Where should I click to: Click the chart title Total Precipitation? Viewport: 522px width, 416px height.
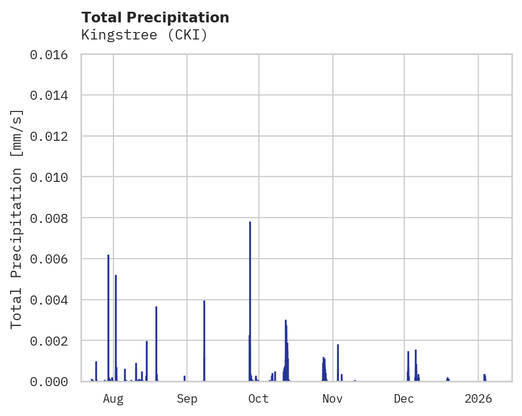click(x=155, y=18)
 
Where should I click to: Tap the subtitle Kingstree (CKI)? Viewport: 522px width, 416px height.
click(x=144, y=35)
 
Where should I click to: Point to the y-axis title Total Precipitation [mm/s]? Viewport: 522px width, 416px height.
click(x=17, y=219)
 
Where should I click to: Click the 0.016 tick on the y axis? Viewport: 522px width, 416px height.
click(x=52, y=54)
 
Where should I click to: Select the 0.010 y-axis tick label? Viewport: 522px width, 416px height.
click(x=52, y=177)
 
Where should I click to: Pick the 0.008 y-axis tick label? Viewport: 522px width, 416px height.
click(x=52, y=218)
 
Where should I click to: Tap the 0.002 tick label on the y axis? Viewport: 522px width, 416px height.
click(x=52, y=341)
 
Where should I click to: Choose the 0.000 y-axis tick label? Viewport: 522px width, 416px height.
click(x=52, y=381)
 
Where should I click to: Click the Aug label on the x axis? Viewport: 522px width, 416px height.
click(x=113, y=398)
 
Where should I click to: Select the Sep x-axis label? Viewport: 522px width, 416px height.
click(x=187, y=398)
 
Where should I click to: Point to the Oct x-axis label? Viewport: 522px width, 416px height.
click(x=258, y=398)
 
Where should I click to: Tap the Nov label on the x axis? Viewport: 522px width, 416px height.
click(x=332, y=398)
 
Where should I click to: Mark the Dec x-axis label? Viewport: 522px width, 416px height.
click(x=404, y=398)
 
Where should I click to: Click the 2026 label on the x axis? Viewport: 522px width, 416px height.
click(x=478, y=398)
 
